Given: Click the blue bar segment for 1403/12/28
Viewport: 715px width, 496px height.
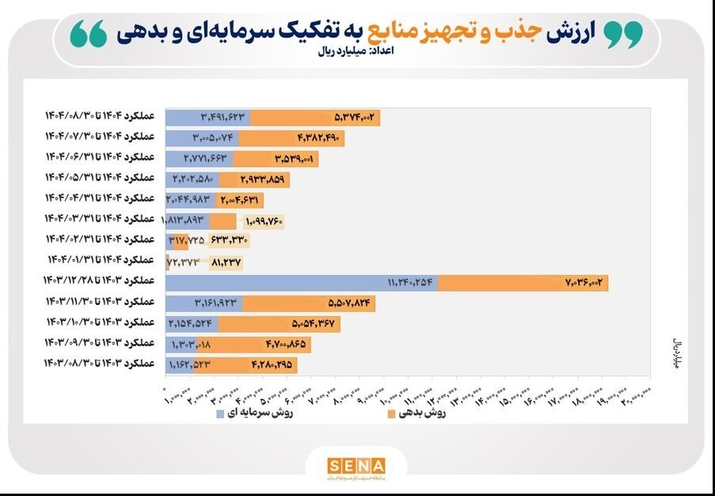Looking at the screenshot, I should pyautogui.click(x=301, y=283).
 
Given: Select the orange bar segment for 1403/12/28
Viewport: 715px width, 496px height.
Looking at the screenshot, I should pyautogui.click(x=523, y=283).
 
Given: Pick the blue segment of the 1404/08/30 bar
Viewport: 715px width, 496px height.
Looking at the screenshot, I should pyautogui.click(x=207, y=118).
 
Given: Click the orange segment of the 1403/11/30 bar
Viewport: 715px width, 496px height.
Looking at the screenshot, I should pyautogui.click(x=309, y=303).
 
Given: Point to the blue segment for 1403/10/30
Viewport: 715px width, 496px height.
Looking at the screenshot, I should pyautogui.click(x=192, y=324).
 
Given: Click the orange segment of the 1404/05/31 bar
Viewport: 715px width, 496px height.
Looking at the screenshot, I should pyautogui.click(x=254, y=180).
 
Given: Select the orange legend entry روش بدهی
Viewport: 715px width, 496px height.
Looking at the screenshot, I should pyautogui.click(x=416, y=413).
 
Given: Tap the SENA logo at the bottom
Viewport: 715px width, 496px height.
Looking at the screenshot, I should pyautogui.click(x=356, y=467).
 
